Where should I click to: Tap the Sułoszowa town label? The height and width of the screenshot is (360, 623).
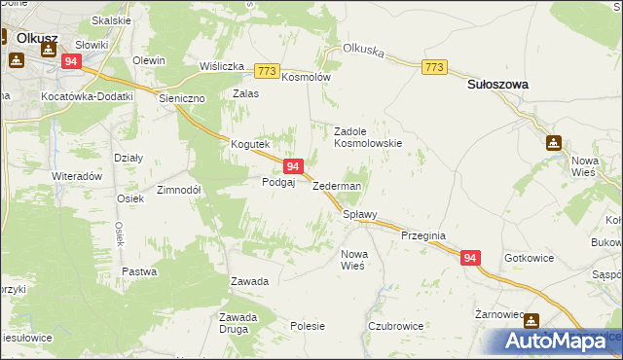[x=497, y=85]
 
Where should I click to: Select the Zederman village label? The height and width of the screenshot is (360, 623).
[x=337, y=186]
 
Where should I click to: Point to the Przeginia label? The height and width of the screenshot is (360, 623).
[x=422, y=235]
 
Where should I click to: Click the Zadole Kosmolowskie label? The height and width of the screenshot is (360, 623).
[x=368, y=136]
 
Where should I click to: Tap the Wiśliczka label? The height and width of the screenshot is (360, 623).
[x=221, y=66]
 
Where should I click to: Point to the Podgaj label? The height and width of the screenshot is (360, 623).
[x=278, y=182]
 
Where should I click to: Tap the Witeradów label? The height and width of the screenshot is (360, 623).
[x=77, y=177]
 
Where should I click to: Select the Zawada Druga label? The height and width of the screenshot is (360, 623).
[x=238, y=322]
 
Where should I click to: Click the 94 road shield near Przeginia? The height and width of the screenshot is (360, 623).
[x=470, y=258]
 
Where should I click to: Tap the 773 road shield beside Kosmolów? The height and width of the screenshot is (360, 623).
[x=268, y=71]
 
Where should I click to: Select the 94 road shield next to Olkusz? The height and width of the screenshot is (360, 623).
[x=70, y=60]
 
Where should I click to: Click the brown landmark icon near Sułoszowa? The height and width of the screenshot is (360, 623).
[x=554, y=142]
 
